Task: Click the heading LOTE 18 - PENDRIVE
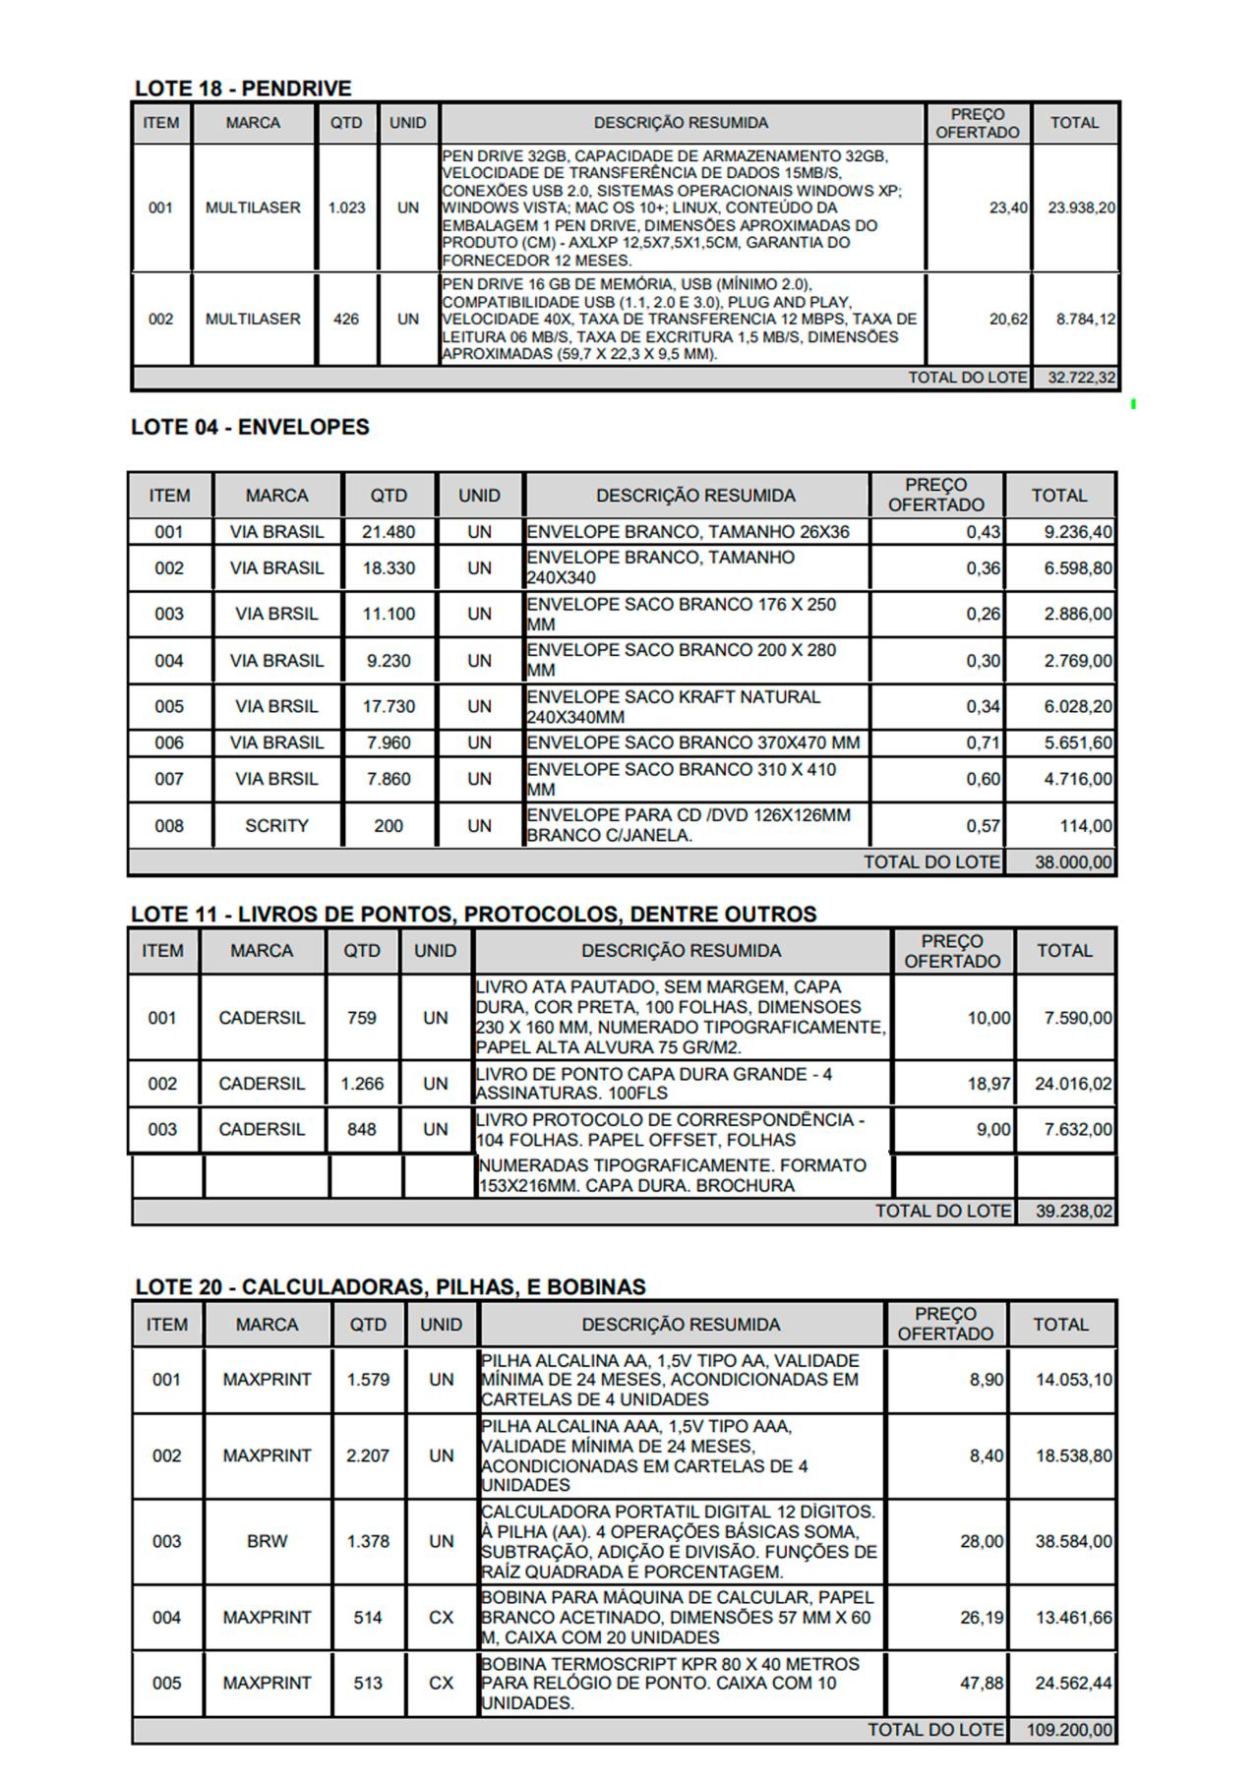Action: [243, 89]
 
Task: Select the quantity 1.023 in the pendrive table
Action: [346, 208]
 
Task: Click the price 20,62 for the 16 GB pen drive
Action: [1008, 320]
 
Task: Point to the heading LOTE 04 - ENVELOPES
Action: [250, 428]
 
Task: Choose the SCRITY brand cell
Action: [276, 826]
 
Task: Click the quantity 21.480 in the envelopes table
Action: [389, 532]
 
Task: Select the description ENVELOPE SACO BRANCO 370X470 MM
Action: [692, 742]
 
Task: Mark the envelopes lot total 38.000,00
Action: [1073, 862]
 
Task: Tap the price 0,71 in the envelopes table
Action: [983, 742]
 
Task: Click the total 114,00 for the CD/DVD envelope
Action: [1086, 826]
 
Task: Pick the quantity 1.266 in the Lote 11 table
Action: [361, 1084]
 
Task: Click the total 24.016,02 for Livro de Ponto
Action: [1073, 1084]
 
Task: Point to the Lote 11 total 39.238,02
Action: [1073, 1212]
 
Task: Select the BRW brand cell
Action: [267, 1542]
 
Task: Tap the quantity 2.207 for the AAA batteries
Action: [368, 1455]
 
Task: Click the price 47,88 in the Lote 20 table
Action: [982, 1684]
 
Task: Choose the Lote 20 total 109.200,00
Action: [1069, 1730]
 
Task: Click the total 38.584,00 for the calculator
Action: [1073, 1542]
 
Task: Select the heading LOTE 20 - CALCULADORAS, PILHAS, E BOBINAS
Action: [390, 1287]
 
